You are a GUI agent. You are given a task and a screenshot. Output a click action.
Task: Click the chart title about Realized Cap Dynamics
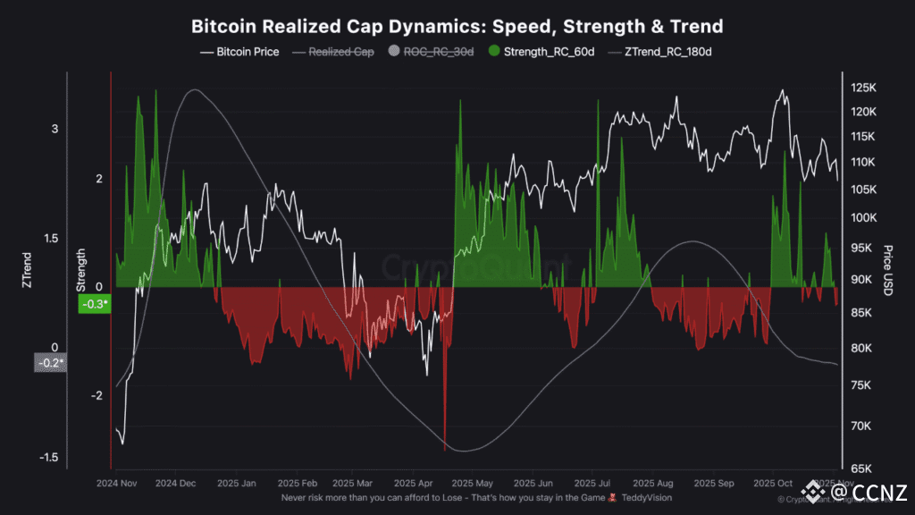457,25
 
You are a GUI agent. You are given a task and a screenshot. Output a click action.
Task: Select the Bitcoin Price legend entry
239,52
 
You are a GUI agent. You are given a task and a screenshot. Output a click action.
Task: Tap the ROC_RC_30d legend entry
432,52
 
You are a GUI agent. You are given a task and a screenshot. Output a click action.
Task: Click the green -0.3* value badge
95,304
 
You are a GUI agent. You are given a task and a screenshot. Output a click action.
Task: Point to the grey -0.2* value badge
50,363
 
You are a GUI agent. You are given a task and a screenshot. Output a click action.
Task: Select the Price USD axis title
887,269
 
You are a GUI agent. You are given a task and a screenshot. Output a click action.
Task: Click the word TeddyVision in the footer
647,497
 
